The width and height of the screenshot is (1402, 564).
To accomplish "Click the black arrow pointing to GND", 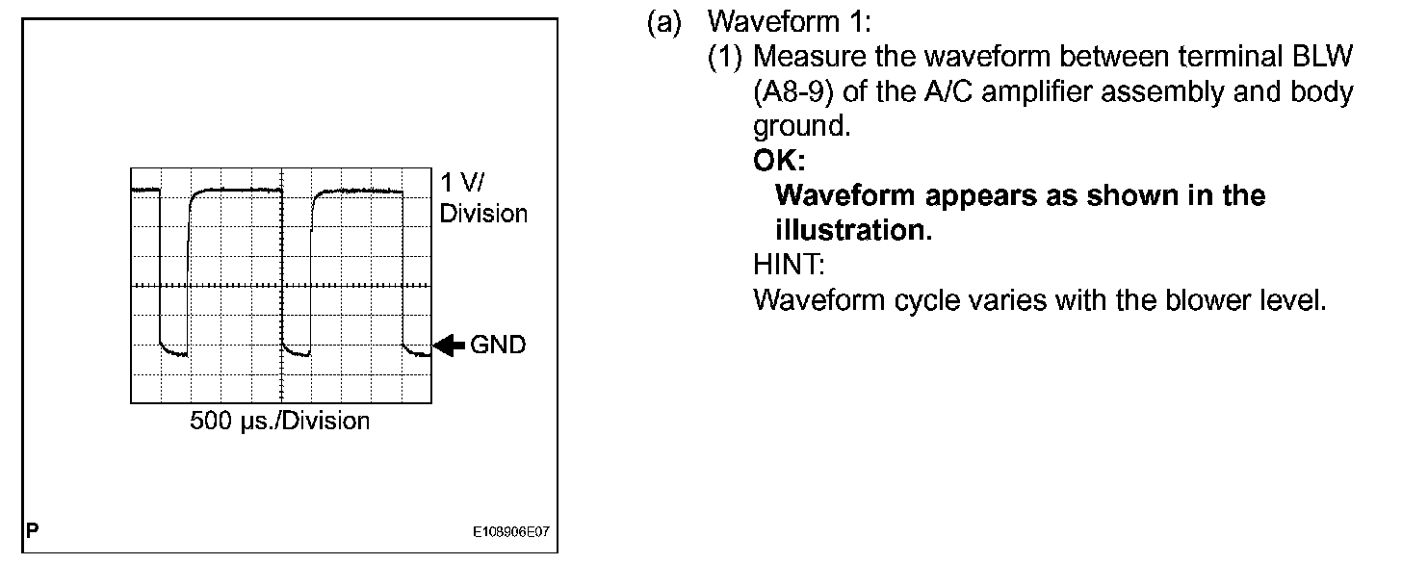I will (x=449, y=345).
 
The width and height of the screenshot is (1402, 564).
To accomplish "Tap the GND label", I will (x=498, y=345).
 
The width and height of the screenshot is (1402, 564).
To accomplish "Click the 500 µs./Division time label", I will (x=279, y=422).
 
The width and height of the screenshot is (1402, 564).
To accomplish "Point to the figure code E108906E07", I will (x=512, y=531).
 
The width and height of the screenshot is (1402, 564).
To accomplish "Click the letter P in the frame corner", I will (x=33, y=530).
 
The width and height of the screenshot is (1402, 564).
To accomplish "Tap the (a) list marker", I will (x=663, y=22).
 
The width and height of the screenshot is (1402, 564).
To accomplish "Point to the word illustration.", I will (x=852, y=231).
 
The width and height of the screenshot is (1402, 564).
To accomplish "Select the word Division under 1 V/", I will (x=483, y=214).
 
